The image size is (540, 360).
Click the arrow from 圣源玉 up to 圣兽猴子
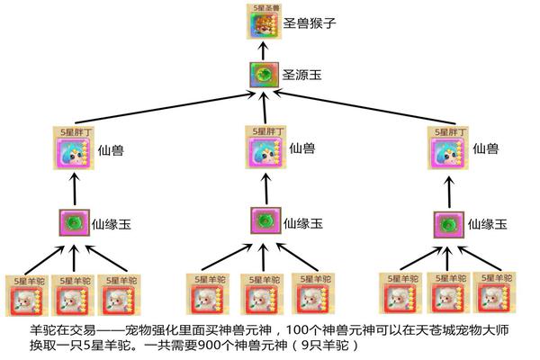[x=260, y=50]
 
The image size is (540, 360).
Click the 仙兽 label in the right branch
[x=485, y=148]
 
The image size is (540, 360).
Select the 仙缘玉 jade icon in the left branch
[x=72, y=222]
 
